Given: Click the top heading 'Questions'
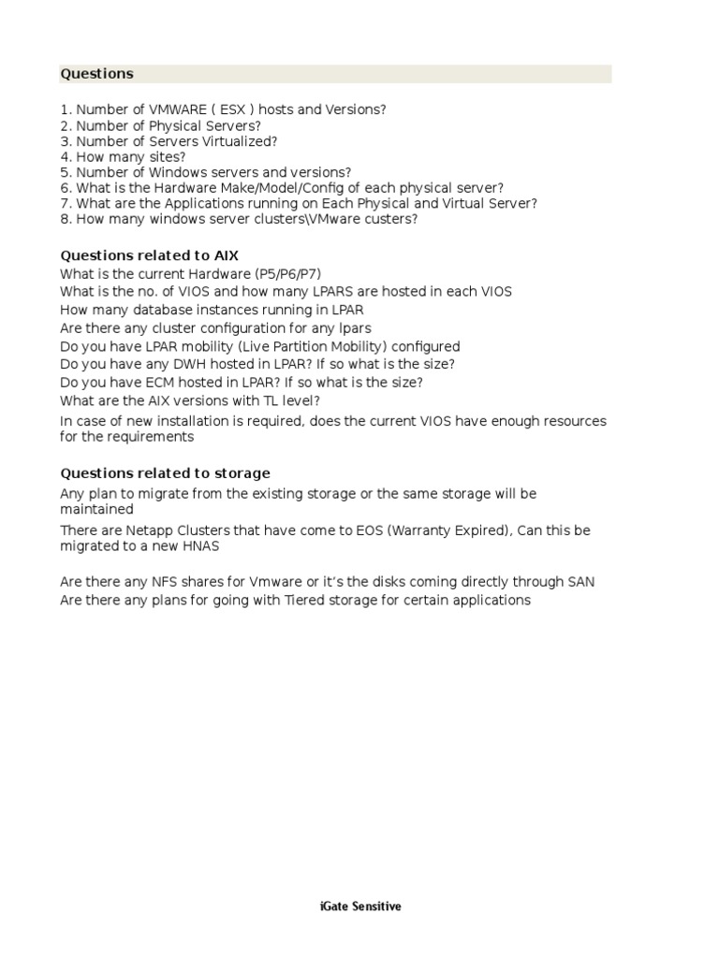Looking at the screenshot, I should tap(96, 74).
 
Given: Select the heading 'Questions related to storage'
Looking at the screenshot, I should tap(165, 473).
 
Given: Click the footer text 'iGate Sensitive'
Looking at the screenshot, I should tap(359, 907).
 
